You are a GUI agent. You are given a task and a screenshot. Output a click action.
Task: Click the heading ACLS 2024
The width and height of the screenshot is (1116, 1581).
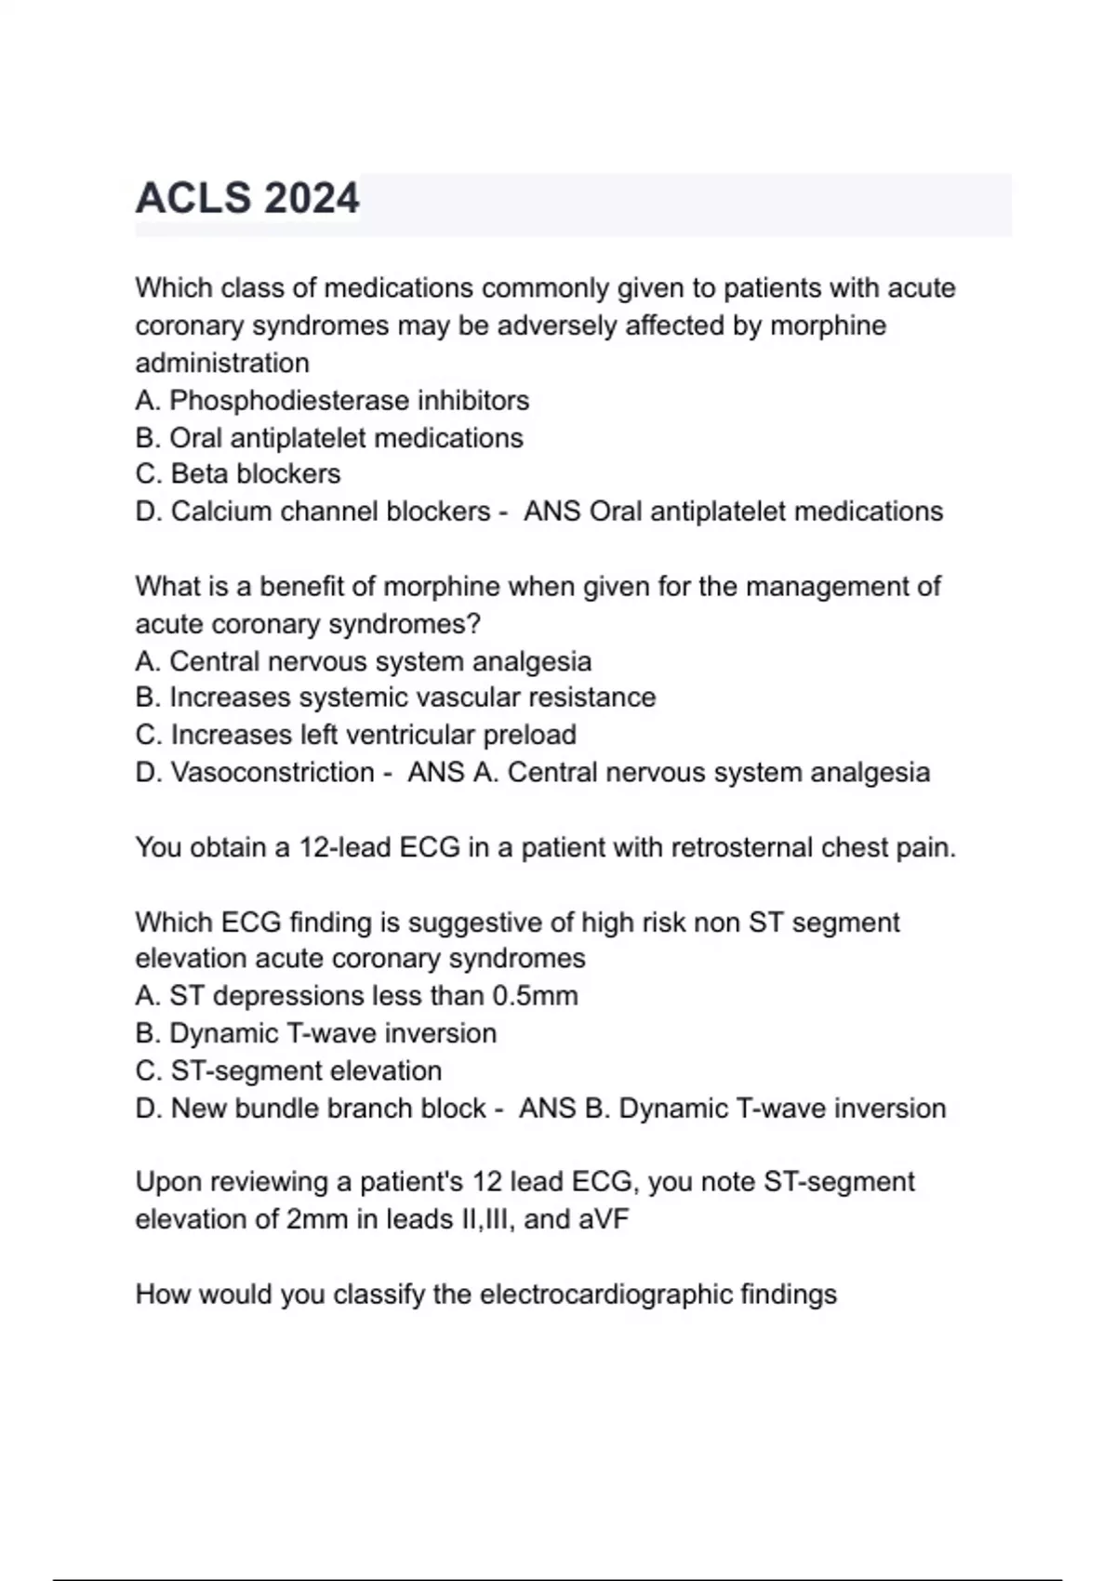point(246,198)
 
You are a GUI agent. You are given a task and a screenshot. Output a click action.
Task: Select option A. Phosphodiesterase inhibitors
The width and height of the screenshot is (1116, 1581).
point(332,401)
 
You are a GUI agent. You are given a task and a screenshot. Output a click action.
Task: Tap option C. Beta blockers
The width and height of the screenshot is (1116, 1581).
point(238,474)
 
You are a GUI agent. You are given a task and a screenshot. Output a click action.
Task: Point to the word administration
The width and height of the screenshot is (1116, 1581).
point(222,363)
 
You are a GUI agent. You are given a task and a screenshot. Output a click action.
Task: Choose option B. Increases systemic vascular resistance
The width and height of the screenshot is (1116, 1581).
point(395,697)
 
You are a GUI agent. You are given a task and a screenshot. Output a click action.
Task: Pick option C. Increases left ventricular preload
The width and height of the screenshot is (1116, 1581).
point(355,735)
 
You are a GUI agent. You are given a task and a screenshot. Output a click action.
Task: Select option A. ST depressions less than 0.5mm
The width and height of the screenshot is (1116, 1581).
point(356,996)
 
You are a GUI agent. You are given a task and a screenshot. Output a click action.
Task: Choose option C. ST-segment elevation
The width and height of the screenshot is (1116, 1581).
point(288,1071)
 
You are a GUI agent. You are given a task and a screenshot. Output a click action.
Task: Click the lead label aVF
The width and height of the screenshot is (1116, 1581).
point(604,1219)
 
